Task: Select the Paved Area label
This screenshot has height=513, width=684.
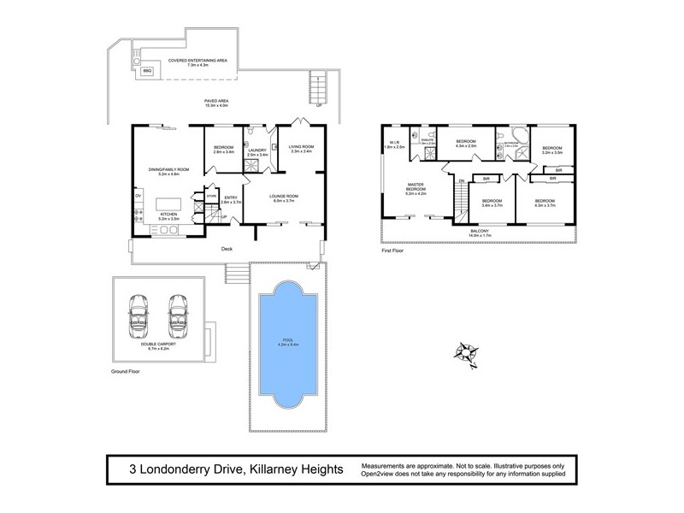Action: pos(216,103)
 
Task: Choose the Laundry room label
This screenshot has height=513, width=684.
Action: pos(257,150)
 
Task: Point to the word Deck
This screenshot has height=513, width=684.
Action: pos(227,249)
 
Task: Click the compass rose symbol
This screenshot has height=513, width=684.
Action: pos(469,351)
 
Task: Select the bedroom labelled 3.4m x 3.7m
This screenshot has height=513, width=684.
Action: pos(492,203)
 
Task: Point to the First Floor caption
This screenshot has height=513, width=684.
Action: pos(393,253)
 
